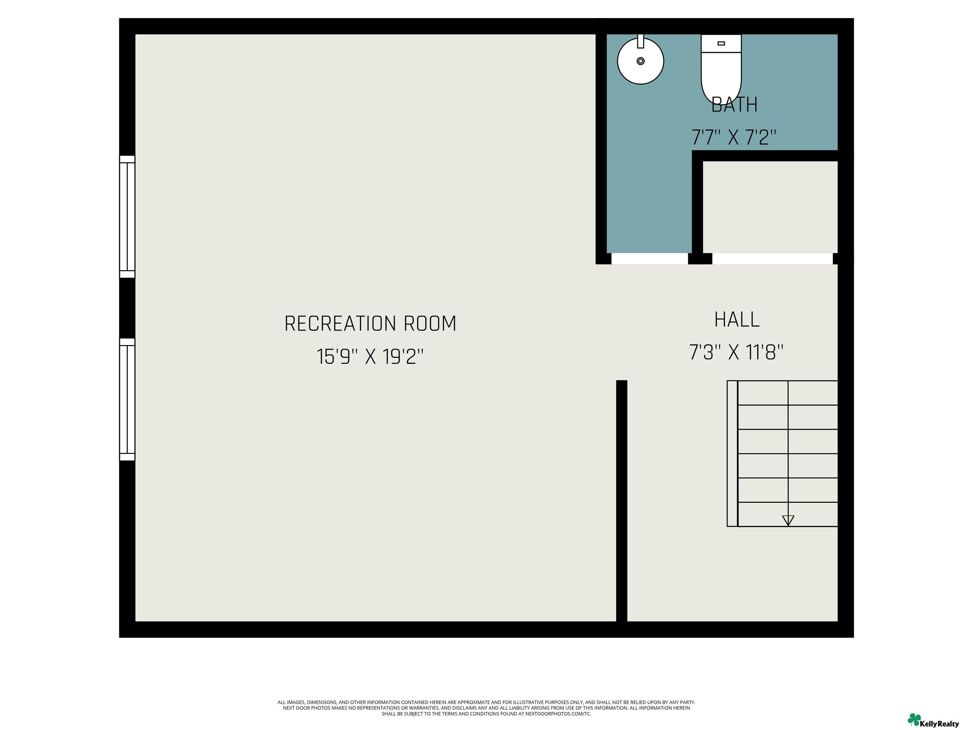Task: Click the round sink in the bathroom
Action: click(x=640, y=61)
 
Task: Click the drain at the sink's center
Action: click(x=640, y=61)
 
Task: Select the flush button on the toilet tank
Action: click(x=721, y=43)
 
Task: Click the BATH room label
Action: click(x=734, y=105)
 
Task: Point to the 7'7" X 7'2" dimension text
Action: click(x=734, y=137)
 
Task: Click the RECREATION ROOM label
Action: click(x=370, y=324)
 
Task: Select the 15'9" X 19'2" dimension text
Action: click(x=370, y=356)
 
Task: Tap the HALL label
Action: click(x=737, y=320)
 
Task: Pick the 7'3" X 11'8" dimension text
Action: click(x=736, y=352)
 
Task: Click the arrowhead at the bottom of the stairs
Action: click(x=788, y=521)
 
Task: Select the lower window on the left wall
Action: click(x=127, y=400)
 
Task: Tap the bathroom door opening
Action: click(x=649, y=259)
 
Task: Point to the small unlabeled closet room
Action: click(x=770, y=207)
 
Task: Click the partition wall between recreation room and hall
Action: click(x=621, y=502)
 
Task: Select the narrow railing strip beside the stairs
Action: click(x=732, y=453)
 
